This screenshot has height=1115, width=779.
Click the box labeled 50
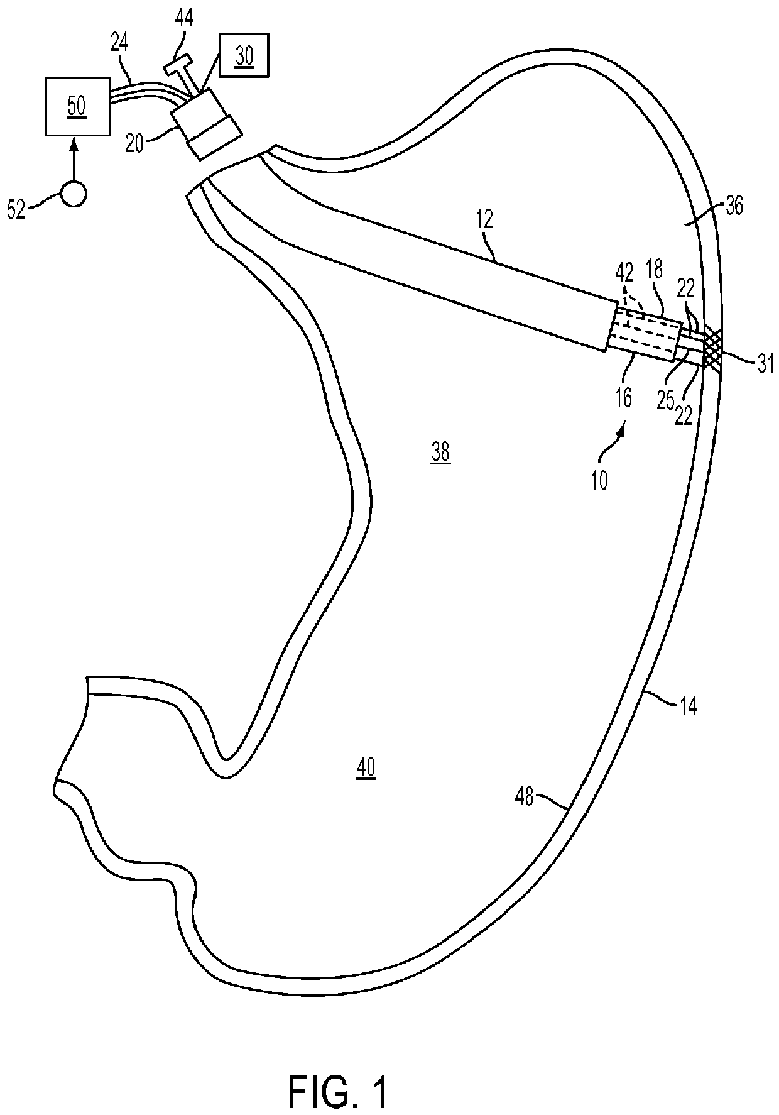click(x=76, y=106)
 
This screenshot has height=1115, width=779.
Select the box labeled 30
click(x=244, y=56)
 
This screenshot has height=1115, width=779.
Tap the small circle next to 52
click(x=74, y=193)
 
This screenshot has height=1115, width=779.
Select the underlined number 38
click(x=440, y=452)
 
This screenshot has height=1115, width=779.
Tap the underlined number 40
click(x=366, y=767)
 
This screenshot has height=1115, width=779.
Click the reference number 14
click(x=688, y=706)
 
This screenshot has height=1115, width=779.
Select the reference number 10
click(x=599, y=481)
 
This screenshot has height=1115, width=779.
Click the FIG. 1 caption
click(x=339, y=1074)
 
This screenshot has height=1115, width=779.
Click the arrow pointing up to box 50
click(x=74, y=157)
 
